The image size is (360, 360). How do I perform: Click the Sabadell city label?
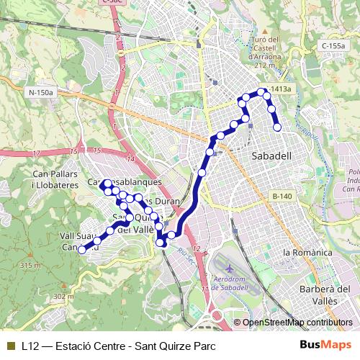tap(271, 156)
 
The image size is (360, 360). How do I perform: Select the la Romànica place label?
tap(307, 253)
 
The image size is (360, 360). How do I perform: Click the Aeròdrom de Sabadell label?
tap(236, 283)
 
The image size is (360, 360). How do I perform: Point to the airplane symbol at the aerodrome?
tap(229, 269)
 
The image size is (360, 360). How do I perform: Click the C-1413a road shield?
tap(277, 89)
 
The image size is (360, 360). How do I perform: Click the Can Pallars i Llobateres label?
tap(55, 179)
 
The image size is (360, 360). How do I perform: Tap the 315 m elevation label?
tap(30, 266)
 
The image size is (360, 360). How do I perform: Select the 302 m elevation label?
tap(63, 296)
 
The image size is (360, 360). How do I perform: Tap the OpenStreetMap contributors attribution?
tap(297, 323)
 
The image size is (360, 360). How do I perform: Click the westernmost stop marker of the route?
tap(83, 250)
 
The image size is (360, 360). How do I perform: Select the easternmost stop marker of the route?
tap(277, 127)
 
